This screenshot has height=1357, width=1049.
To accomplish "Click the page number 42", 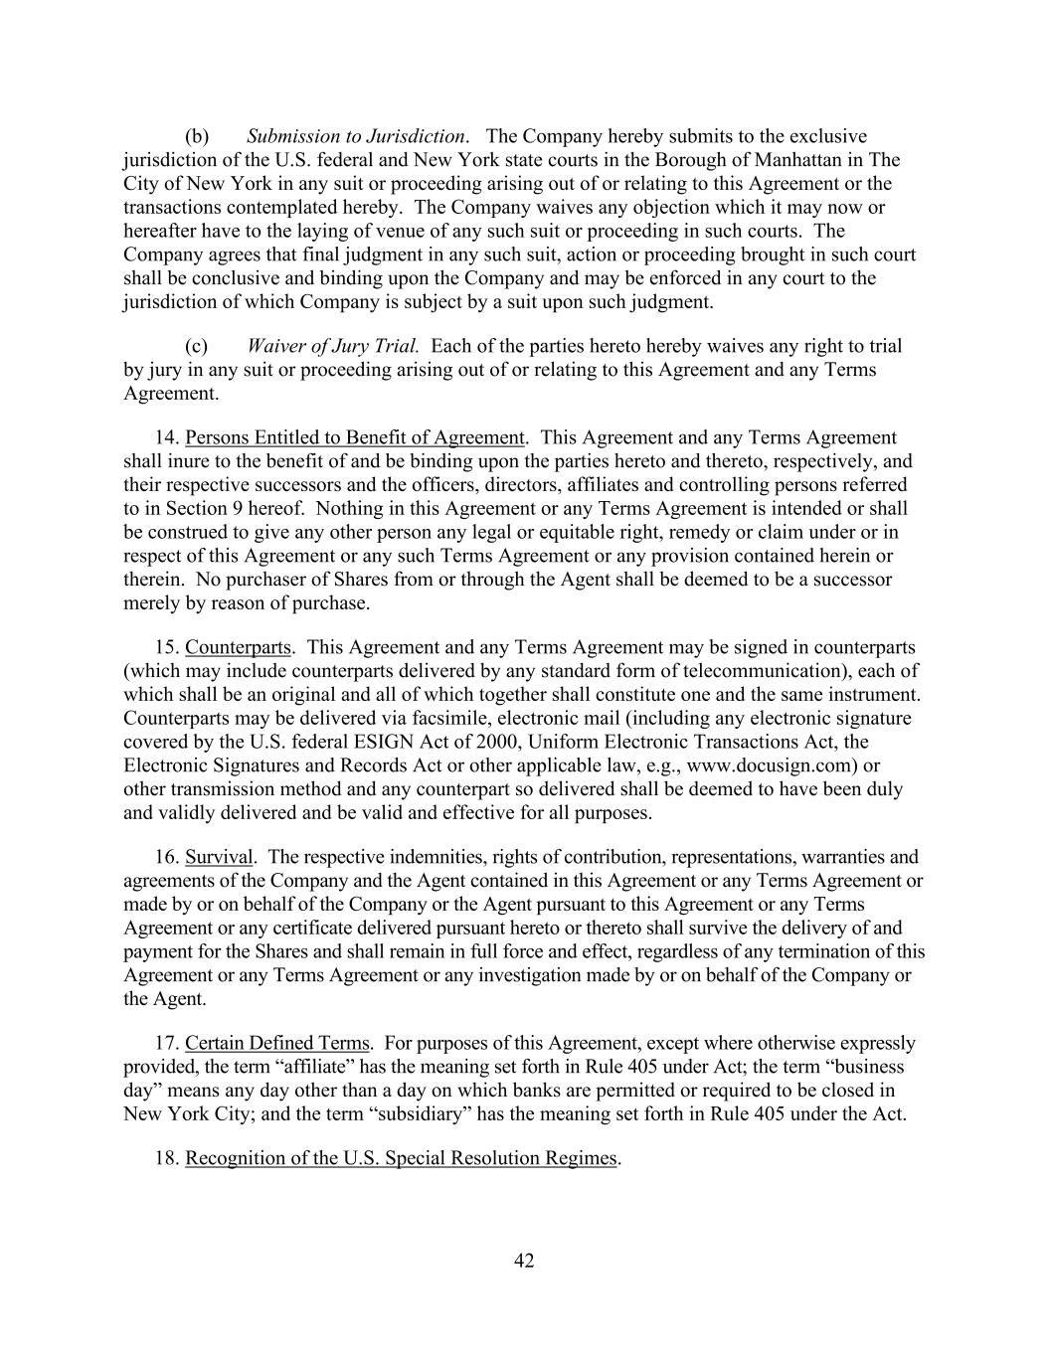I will click(524, 1261).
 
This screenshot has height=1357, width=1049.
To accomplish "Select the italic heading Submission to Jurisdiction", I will click(355, 136).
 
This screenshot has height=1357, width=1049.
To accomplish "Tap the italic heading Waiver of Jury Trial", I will click(332, 346).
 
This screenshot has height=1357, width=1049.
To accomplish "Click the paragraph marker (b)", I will click(197, 136).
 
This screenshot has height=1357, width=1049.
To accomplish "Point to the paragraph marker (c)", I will click(197, 346).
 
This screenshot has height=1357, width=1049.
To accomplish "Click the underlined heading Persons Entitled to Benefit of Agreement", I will click(354, 437).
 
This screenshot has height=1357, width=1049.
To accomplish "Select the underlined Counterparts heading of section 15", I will click(238, 647).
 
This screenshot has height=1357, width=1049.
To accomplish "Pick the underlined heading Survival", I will click(219, 857).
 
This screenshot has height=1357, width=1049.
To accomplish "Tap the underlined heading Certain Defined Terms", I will click(277, 1043).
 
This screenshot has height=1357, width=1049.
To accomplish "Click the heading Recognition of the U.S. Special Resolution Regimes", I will click(401, 1158).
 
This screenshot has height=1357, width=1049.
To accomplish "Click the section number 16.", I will click(166, 857).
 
